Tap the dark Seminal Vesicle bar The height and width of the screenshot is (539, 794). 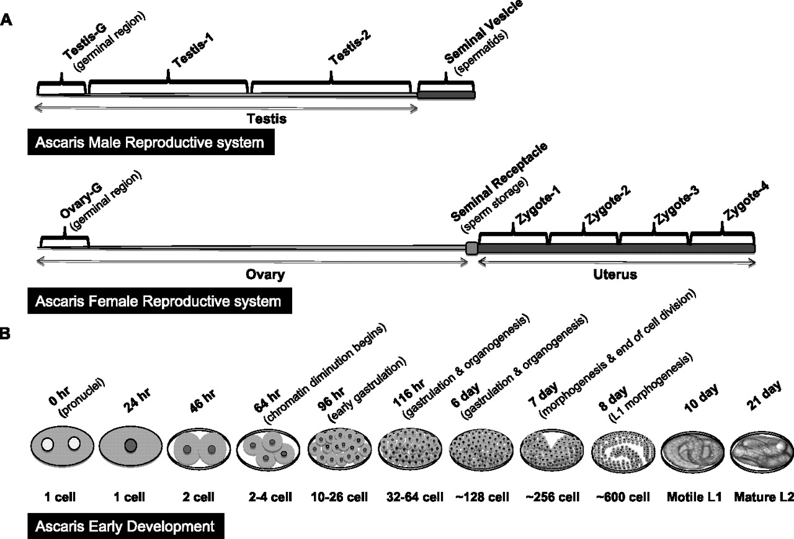point(447,94)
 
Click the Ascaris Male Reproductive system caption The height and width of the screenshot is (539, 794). point(149,143)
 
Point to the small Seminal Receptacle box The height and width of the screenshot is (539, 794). point(471,249)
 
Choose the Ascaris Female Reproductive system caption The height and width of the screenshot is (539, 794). point(158,302)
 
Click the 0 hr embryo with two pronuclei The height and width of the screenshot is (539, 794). point(62,444)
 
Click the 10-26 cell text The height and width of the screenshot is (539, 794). point(337,496)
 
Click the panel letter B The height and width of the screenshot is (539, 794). point(6,334)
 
